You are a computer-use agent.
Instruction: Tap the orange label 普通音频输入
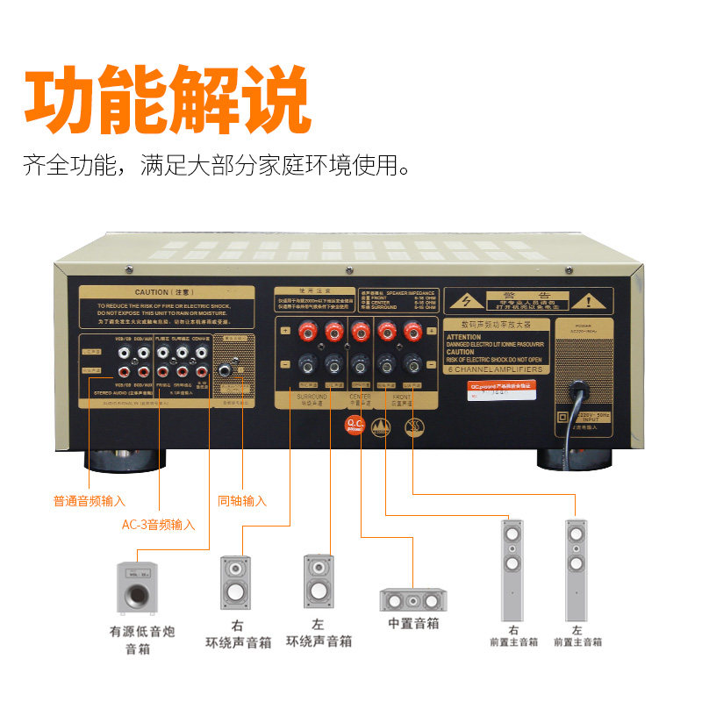90,501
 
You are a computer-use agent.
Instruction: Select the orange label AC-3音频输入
158,525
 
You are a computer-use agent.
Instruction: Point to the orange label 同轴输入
241,501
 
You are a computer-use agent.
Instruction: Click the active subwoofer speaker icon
137,587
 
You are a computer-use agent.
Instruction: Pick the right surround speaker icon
235,581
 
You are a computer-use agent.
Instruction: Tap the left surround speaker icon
319,581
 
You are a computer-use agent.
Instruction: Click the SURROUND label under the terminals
312,396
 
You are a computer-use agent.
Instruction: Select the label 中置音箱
413,624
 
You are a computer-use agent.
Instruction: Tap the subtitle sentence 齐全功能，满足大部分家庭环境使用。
217,164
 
